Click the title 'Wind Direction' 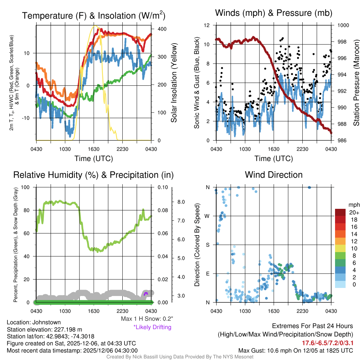(x=274, y=175)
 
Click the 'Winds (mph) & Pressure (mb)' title (x=274, y=13)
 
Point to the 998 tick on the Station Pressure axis (x=343, y=42)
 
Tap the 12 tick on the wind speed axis (x=207, y=25)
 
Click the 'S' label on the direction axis (x=207, y=245)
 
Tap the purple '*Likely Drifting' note (x=152, y=327)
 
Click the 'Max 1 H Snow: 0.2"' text (x=147, y=319)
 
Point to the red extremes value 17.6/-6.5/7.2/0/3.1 (x=328, y=343)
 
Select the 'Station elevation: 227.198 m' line (x=44, y=329)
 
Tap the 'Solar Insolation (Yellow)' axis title (x=174, y=83)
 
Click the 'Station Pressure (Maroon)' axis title (x=356, y=83)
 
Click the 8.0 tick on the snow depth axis (x=181, y=202)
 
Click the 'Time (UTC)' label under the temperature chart (x=94, y=159)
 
